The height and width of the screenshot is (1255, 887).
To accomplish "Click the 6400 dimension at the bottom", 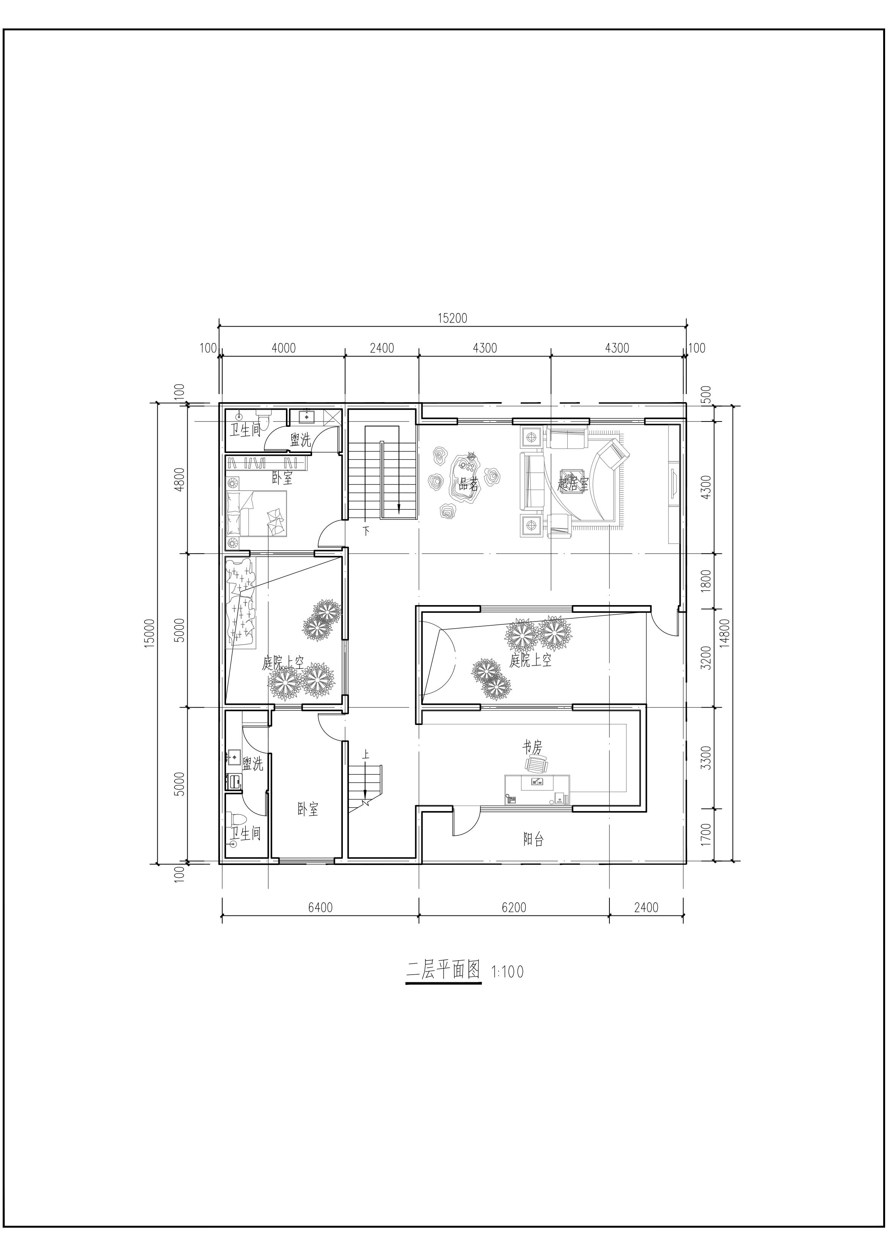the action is tap(320, 907).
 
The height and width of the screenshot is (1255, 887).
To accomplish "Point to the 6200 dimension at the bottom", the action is tap(514, 907).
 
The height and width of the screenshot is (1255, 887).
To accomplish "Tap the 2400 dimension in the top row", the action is tap(381, 348).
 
